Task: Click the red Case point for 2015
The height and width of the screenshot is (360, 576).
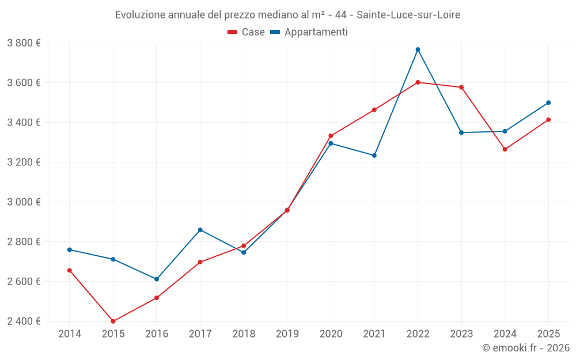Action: click(113, 321)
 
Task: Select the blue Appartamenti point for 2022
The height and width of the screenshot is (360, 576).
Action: click(418, 50)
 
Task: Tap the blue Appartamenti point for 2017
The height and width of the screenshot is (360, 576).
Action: click(200, 230)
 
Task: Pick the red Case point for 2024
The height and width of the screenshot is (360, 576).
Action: click(505, 149)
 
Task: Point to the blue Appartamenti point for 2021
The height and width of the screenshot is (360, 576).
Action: click(374, 156)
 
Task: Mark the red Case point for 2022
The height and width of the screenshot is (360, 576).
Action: click(418, 82)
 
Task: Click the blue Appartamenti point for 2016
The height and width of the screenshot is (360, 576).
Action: click(157, 279)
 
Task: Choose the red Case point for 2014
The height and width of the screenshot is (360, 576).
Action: click(70, 270)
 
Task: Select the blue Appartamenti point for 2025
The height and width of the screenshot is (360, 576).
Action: click(548, 103)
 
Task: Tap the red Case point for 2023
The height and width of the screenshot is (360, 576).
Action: click(461, 88)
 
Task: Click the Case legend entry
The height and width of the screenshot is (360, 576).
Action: click(247, 32)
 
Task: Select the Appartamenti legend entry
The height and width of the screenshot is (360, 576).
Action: click(309, 32)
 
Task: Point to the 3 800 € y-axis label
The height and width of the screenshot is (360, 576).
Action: click(24, 43)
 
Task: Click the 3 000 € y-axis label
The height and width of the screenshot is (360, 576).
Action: click(24, 202)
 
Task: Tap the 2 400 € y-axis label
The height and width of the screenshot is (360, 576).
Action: click(24, 321)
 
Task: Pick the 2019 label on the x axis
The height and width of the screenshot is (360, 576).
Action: click(287, 334)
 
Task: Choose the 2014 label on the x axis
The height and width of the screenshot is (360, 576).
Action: click(70, 334)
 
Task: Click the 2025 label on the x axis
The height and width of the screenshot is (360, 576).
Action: click(548, 334)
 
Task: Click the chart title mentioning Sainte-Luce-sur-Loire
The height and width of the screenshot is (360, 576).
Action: click(287, 15)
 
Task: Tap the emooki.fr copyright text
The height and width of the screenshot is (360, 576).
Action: click(526, 348)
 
